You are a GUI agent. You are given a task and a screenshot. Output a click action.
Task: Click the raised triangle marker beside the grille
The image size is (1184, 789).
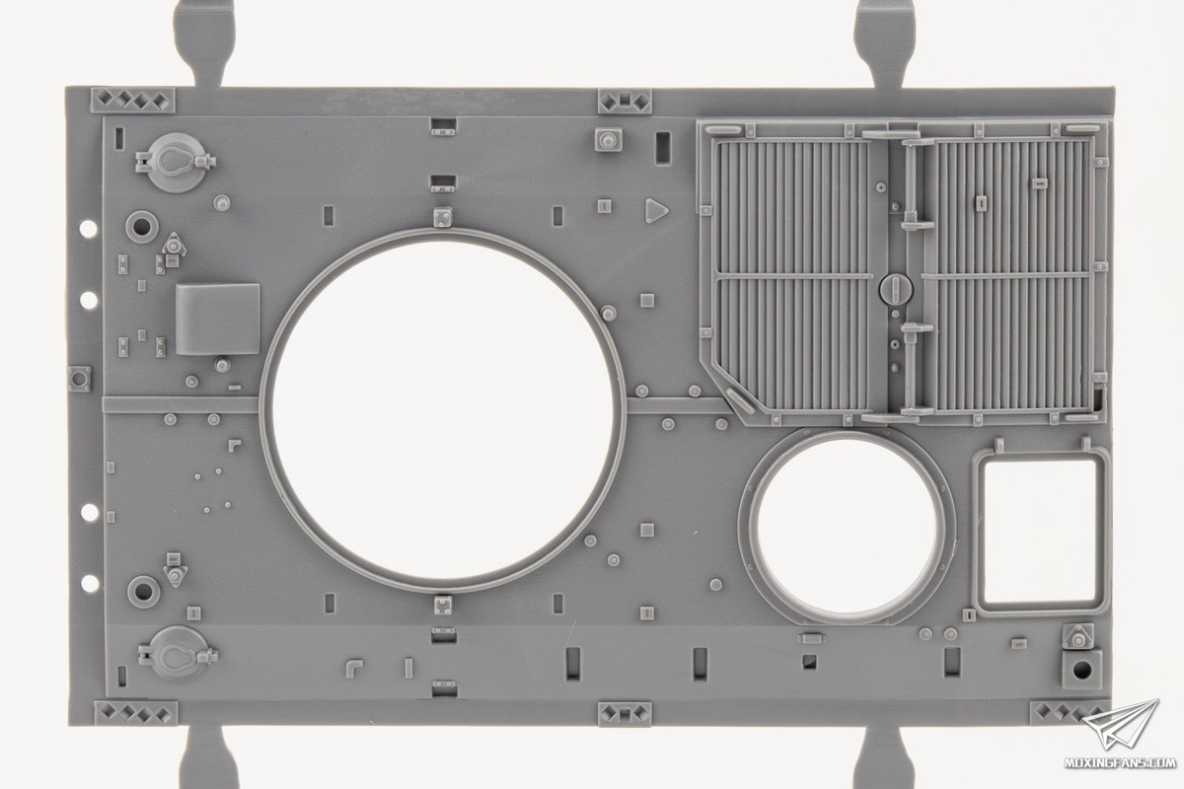click(655, 210)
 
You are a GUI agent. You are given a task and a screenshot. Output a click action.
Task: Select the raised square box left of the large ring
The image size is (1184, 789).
click(218, 320)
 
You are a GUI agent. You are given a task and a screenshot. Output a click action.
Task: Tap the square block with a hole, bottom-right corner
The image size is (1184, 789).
click(1082, 670)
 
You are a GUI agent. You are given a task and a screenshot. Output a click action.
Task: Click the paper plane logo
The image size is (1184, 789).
click(1121, 726)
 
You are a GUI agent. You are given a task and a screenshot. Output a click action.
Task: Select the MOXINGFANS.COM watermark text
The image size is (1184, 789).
click(1119, 762)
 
